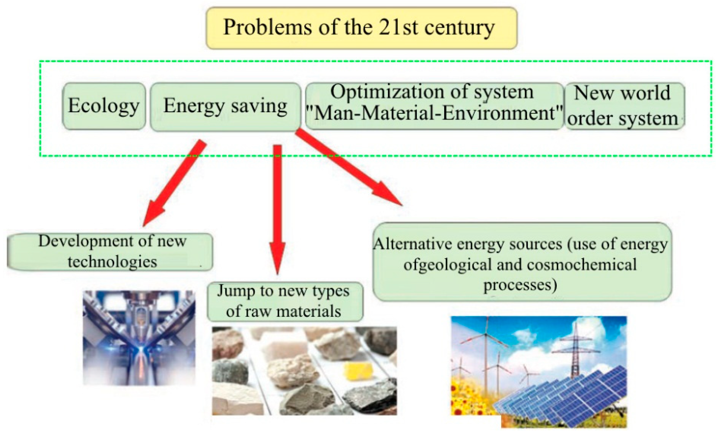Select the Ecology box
(104, 106)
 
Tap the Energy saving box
(225, 106)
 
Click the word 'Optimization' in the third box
(386, 92)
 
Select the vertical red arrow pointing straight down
(278, 209)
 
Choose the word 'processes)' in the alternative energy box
(520, 285)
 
